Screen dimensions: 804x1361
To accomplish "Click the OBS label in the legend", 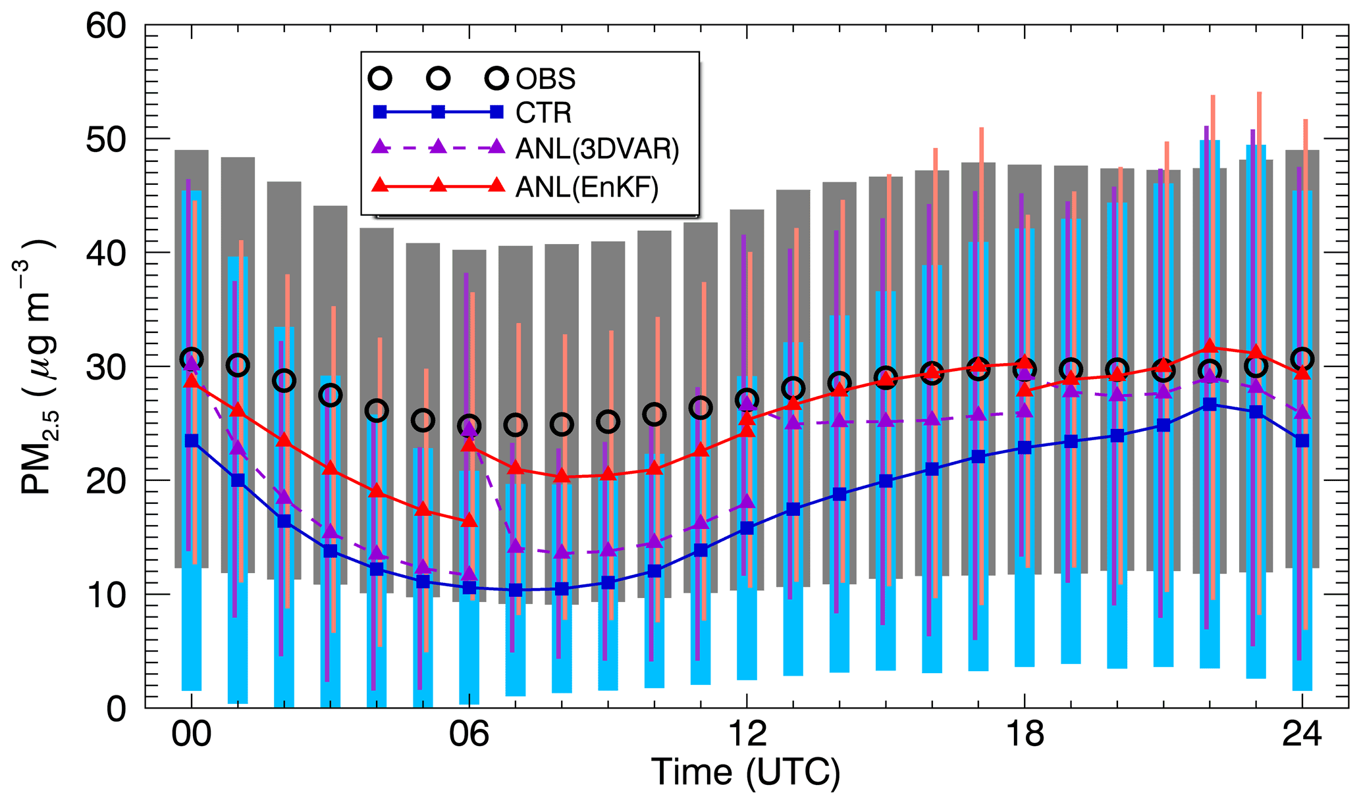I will (x=545, y=79).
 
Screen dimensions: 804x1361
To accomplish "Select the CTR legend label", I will (x=543, y=113).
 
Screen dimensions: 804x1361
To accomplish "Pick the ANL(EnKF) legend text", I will (x=587, y=188).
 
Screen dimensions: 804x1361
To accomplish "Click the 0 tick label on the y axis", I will (x=116, y=709).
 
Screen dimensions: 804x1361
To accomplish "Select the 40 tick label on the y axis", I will (x=106, y=253).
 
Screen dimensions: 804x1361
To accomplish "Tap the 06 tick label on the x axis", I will (x=469, y=734).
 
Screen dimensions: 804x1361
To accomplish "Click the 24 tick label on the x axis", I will (x=1302, y=734).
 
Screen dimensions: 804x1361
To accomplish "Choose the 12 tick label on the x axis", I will (x=747, y=734).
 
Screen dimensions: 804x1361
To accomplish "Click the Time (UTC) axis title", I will (x=745, y=772).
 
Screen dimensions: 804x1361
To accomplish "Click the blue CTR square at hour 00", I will (x=192, y=441).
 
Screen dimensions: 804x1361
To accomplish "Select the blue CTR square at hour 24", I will (x=1302, y=441).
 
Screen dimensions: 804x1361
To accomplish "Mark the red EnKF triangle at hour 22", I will (x=1210, y=347).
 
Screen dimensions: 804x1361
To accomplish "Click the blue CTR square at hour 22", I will (x=1210, y=405).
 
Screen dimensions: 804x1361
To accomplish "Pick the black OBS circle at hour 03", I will (x=330, y=395).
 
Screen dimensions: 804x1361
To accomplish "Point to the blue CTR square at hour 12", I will (x=747, y=528).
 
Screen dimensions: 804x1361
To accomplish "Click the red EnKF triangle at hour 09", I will (x=608, y=474).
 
